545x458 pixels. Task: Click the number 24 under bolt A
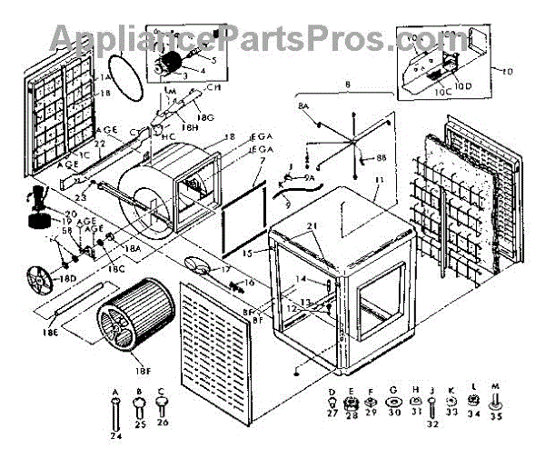pos(115,436)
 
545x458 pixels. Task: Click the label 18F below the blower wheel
pos(143,371)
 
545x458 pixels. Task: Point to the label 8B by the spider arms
pos(381,157)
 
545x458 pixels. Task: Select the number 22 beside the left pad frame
pos(101,144)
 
